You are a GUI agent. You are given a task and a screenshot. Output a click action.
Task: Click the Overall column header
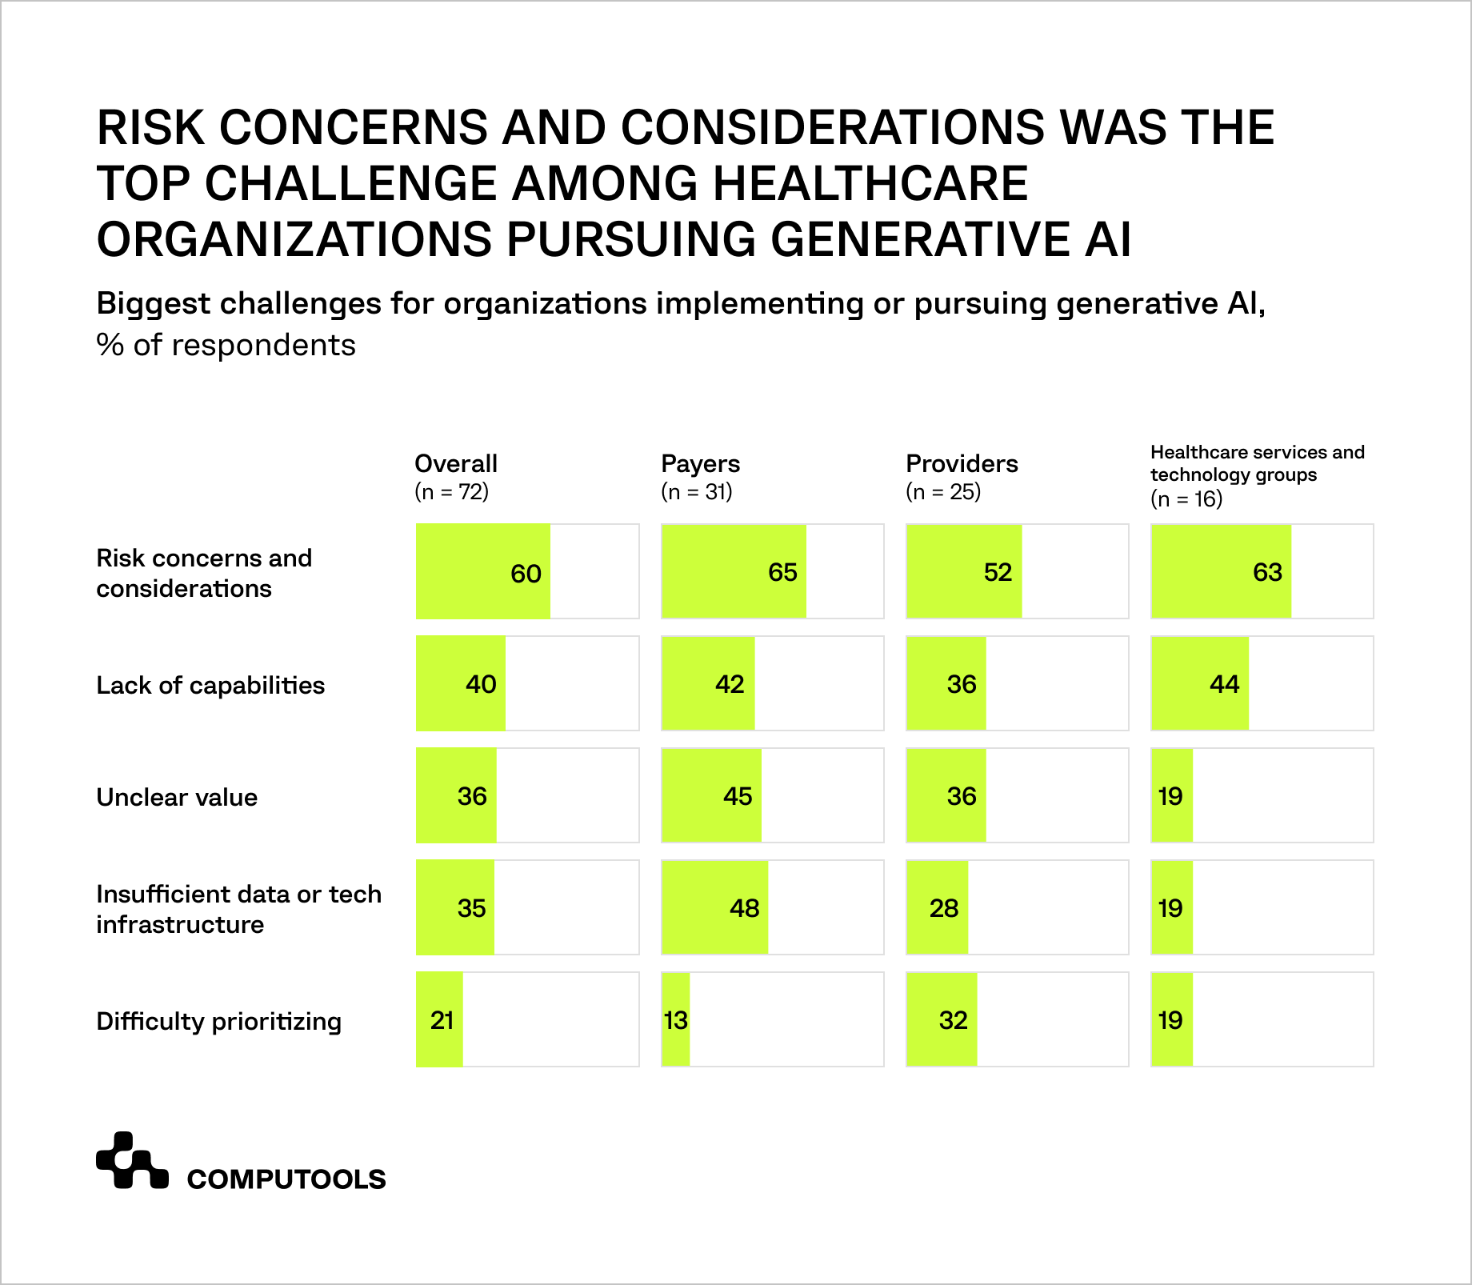pos(455,464)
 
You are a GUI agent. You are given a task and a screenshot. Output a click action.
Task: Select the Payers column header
pos(700,464)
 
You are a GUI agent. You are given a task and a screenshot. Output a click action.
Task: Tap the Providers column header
pos(962,464)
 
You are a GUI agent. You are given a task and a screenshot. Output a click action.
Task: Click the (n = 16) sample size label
pos(1186,499)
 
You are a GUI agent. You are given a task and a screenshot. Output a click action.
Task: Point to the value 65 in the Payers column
pos(782,572)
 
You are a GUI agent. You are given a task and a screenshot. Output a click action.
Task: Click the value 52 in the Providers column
pos(998,572)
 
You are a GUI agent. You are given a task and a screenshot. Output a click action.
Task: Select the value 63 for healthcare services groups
pos(1267,572)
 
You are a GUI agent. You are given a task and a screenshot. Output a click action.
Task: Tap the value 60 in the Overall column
pos(526,574)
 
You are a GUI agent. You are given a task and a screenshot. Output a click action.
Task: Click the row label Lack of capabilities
pos(210,686)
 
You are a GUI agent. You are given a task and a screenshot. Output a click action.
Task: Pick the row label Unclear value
pos(177,798)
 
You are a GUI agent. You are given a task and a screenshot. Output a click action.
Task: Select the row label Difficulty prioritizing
pos(218,1022)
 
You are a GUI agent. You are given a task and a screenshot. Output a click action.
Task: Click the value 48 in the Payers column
pos(744,908)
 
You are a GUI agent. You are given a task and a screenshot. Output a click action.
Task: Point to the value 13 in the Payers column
pos(676,1020)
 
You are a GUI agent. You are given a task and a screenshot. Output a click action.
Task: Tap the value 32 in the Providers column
pos(953,1020)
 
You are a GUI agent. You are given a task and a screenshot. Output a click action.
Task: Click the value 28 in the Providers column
pos(944,908)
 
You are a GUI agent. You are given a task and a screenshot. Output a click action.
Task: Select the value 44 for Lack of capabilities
pos(1224,684)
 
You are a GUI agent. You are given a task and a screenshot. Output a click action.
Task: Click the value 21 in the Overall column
pos(442,1020)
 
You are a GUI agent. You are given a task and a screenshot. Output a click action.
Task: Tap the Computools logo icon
pos(132,1160)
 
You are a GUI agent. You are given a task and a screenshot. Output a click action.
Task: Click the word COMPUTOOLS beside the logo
pos(286,1179)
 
